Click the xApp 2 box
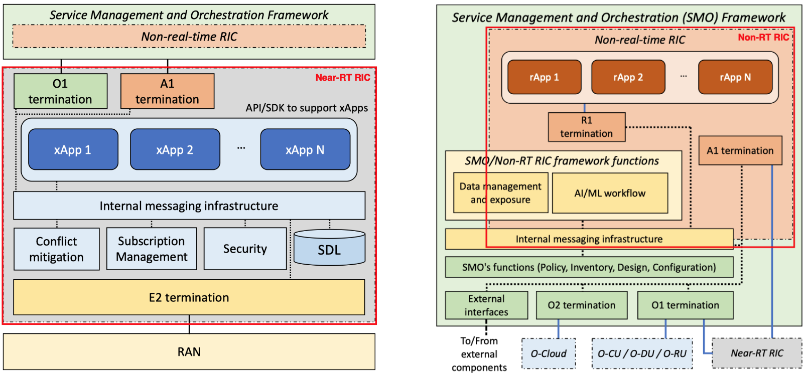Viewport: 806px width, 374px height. [x=175, y=149]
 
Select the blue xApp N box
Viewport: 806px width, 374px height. [x=305, y=149]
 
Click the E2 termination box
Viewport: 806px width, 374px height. [x=189, y=297]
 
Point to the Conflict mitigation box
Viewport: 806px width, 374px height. [x=56, y=249]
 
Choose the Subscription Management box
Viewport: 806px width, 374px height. [x=152, y=249]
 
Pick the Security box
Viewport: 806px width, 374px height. [x=245, y=249]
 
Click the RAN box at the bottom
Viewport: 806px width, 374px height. [x=189, y=352]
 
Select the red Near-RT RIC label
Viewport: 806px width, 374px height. [x=343, y=78]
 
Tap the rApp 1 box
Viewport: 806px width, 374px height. [x=544, y=77]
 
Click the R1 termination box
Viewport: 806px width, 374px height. [x=586, y=127]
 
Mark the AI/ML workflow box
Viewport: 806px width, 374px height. [x=610, y=194]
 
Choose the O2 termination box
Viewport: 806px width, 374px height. [x=581, y=305]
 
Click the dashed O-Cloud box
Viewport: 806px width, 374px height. [x=549, y=353]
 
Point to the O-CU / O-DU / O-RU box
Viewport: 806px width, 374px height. [x=642, y=353]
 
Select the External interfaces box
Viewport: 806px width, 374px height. [x=486, y=305]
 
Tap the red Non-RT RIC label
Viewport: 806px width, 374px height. [x=763, y=38]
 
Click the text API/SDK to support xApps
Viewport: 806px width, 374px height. [x=307, y=108]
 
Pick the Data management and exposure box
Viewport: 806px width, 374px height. [x=500, y=193]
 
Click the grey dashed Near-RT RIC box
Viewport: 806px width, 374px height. [x=757, y=353]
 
